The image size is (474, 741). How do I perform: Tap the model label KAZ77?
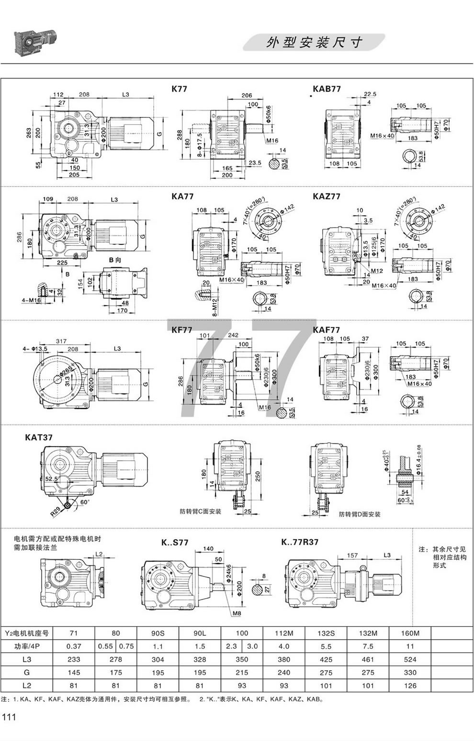tap(327, 196)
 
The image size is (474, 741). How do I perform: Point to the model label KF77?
tap(182, 330)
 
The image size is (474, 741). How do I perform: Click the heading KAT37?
tap(39, 437)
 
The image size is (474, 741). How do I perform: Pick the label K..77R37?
tap(300, 542)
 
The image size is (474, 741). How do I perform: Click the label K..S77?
tap(174, 543)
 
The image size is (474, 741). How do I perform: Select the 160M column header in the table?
tap(410, 633)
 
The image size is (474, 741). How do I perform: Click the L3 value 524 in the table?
tap(410, 659)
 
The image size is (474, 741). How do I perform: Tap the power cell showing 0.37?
tap(74, 646)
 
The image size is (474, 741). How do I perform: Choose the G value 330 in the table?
tap(410, 672)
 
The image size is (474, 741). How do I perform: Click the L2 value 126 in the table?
tap(410, 686)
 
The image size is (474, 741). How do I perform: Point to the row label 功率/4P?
tap(27, 646)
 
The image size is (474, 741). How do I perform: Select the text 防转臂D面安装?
tap(360, 514)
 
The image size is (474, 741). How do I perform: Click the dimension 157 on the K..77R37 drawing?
tap(352, 556)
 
